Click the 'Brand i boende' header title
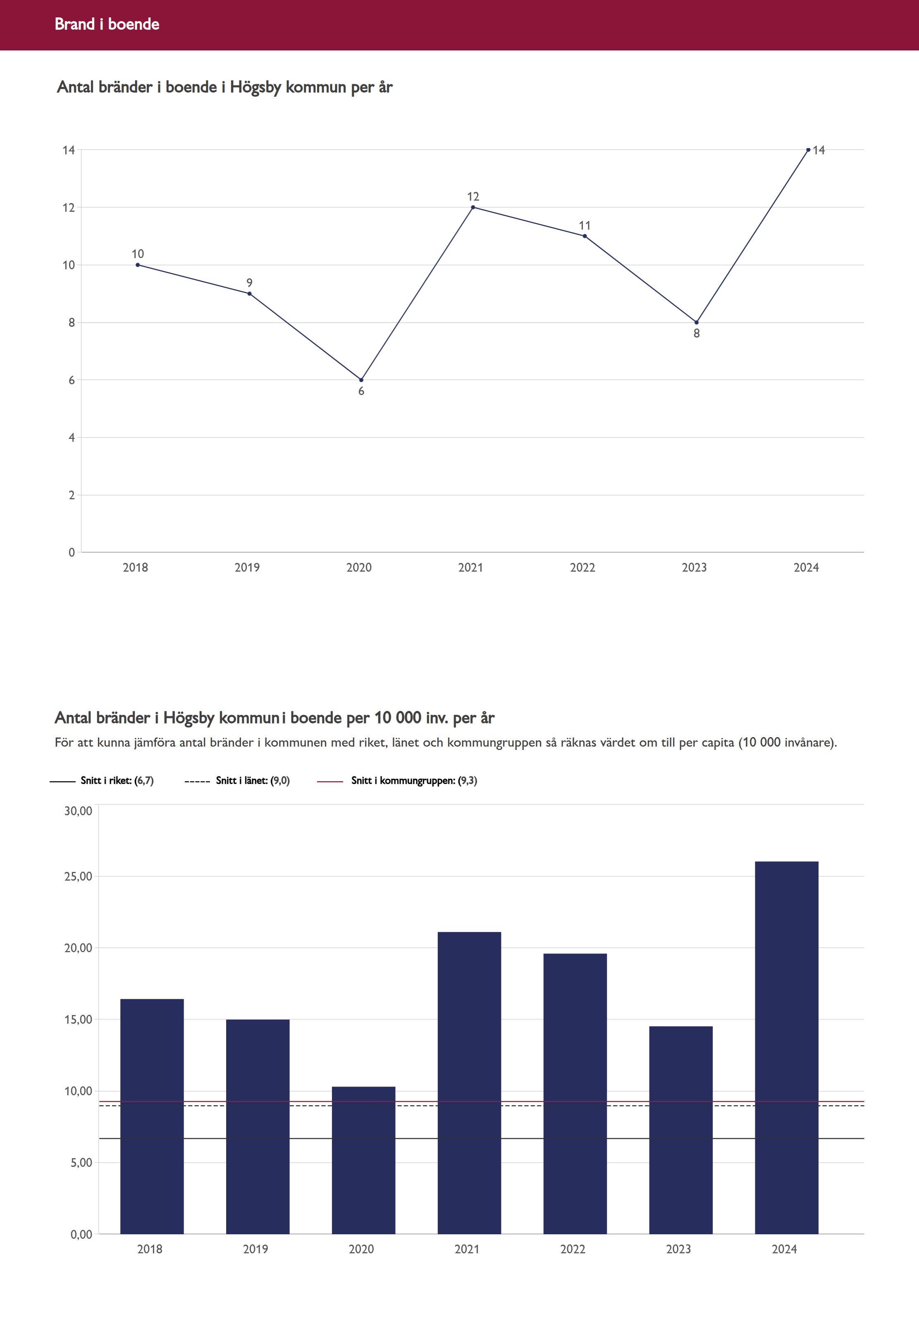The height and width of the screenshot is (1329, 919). pos(107,24)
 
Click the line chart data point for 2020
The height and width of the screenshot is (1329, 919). pos(361,380)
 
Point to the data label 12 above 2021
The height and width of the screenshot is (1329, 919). pos(473,196)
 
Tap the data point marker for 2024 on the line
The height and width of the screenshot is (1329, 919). pos(808,150)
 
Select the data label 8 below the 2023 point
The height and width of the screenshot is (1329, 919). pos(696,333)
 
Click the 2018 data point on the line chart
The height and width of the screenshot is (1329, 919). pos(138,265)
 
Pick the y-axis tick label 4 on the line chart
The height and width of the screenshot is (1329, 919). pos(72,438)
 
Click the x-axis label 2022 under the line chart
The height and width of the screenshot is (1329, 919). pos(582,568)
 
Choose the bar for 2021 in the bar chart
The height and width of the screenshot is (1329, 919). pos(469,1083)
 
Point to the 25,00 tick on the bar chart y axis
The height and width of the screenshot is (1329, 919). pos(78,876)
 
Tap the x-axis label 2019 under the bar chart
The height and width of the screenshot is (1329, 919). pos(255,1249)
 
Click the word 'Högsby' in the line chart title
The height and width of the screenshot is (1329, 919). pos(255,88)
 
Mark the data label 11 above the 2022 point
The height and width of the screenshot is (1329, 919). pos(585,225)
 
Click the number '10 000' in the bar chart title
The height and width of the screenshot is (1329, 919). pos(398,718)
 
